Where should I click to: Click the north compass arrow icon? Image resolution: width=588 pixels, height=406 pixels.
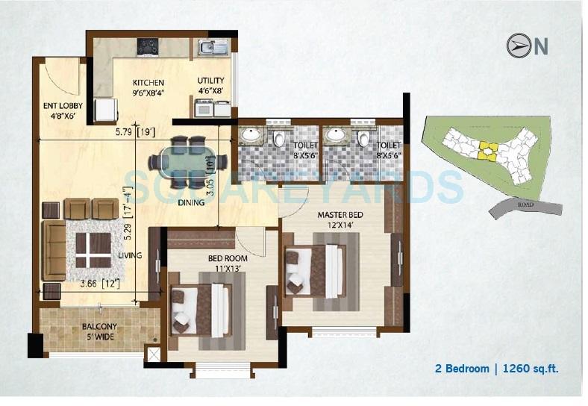point(518,46)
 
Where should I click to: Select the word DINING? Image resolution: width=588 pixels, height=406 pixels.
point(192,202)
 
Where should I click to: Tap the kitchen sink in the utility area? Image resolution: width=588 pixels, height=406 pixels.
point(214,48)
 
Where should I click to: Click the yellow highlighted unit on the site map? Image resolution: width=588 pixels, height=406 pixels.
point(487,150)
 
